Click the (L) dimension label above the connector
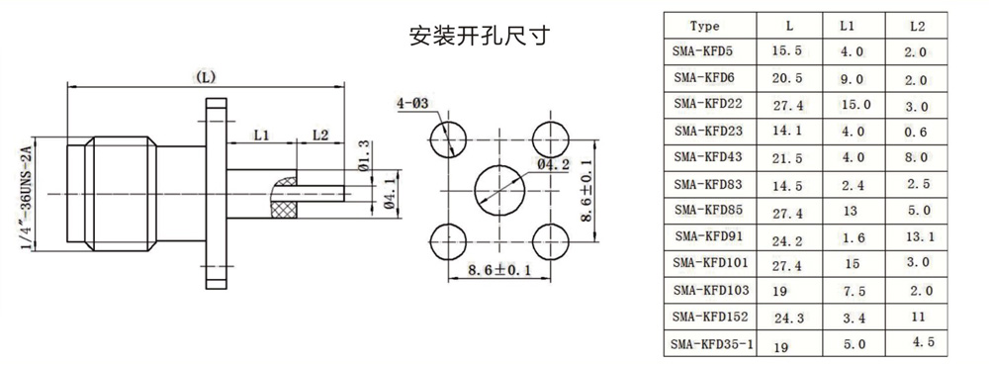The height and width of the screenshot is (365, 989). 206,77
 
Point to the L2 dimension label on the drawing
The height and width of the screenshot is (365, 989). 320,135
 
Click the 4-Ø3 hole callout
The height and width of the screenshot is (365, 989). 411,103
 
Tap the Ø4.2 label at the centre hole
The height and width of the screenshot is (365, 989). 554,164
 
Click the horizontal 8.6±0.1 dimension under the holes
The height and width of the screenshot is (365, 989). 498,270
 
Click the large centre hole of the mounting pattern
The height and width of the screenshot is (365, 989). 498,190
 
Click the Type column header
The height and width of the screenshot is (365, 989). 704,26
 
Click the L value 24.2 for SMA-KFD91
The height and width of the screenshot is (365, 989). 788,240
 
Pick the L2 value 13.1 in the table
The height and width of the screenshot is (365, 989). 918,236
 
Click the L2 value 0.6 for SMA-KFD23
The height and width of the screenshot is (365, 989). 916,133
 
